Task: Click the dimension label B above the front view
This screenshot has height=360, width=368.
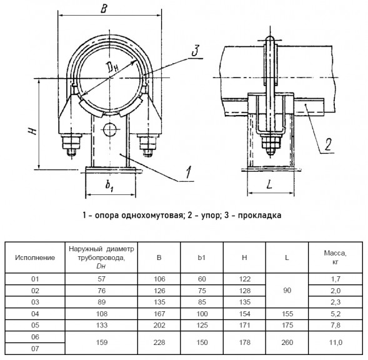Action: point(104,9)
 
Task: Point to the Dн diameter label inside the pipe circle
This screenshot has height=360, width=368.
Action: point(112,67)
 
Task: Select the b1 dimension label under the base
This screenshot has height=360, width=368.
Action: point(109,185)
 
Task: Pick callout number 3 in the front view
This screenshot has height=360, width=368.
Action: point(196,51)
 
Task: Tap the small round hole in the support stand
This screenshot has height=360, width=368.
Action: point(109,129)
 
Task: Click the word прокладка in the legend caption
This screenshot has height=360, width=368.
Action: point(259,216)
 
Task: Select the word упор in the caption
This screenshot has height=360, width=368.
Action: point(209,216)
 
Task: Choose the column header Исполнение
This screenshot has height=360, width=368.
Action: point(35,257)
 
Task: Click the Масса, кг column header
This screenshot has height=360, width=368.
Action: point(336,257)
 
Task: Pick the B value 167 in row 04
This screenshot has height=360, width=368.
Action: point(159,314)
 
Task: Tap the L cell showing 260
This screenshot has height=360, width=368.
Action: point(287,342)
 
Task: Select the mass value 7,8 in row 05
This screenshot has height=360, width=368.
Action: point(336,325)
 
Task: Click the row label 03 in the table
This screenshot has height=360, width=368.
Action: point(35,302)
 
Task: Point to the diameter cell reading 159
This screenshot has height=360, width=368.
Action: point(102,342)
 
